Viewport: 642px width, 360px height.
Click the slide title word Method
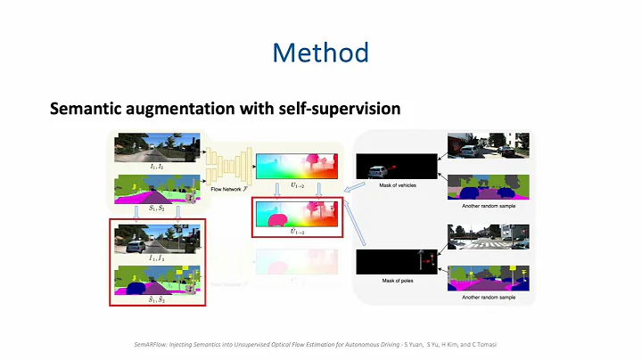click(x=321, y=53)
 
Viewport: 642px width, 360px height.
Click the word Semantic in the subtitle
click(x=86, y=110)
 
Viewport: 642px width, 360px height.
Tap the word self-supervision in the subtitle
click(x=343, y=110)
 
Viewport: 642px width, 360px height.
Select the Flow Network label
click(x=226, y=189)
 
